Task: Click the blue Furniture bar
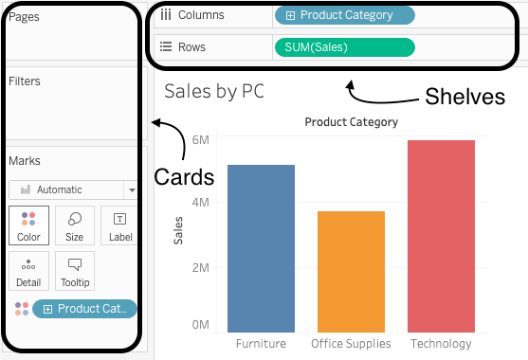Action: click(261, 248)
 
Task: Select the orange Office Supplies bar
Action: click(351, 271)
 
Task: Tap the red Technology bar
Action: click(441, 236)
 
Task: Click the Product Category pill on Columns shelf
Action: click(344, 15)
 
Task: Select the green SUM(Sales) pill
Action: click(344, 46)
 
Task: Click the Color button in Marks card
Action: click(28, 225)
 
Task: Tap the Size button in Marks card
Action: click(74, 225)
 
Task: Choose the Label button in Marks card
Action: click(120, 225)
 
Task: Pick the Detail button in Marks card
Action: click(28, 271)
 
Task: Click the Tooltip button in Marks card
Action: click(74, 271)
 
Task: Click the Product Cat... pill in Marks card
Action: click(84, 309)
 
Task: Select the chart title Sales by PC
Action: click(213, 91)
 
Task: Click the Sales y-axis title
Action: click(178, 230)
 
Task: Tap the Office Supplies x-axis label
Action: click(351, 343)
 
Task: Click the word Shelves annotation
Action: click(464, 96)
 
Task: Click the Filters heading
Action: click(25, 81)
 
